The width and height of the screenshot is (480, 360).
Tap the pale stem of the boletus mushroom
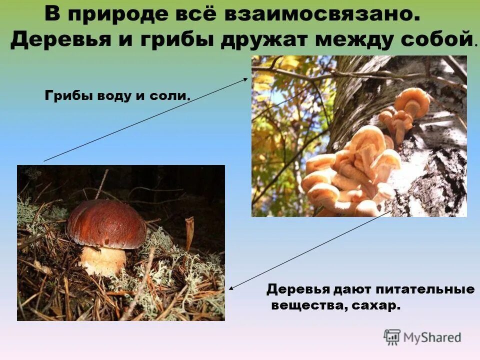click(103, 260)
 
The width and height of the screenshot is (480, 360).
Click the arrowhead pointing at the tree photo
click(245, 78)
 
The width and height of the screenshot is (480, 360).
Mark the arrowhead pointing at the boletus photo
click(231, 288)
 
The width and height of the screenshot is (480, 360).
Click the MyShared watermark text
click(432, 338)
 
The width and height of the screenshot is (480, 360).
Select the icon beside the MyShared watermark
click(392, 337)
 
